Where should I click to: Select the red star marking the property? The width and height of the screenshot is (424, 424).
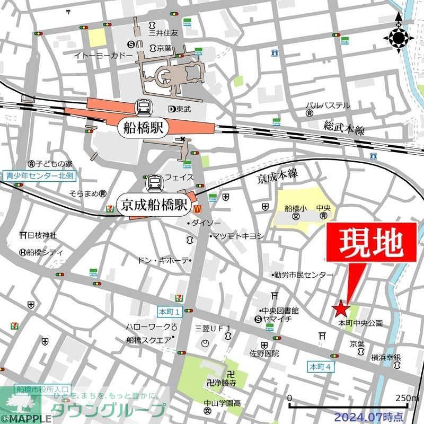(x=341, y=308)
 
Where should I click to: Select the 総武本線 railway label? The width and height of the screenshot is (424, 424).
(x=344, y=128)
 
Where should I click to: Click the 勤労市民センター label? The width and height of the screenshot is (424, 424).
(x=303, y=275)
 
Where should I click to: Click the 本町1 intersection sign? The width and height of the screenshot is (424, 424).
(x=170, y=311)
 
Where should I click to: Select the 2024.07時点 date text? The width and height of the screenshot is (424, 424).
(x=376, y=416)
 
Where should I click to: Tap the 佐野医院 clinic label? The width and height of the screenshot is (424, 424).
(x=264, y=352)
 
